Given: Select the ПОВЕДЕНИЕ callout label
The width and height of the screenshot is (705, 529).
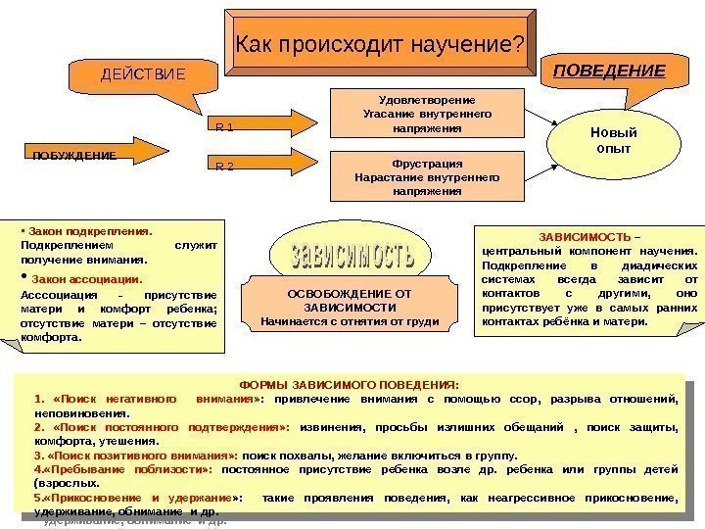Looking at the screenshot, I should point(609,71).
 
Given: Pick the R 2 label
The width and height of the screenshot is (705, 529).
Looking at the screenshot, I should point(224,168).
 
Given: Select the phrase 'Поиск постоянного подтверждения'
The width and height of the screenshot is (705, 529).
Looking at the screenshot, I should point(170,428).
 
